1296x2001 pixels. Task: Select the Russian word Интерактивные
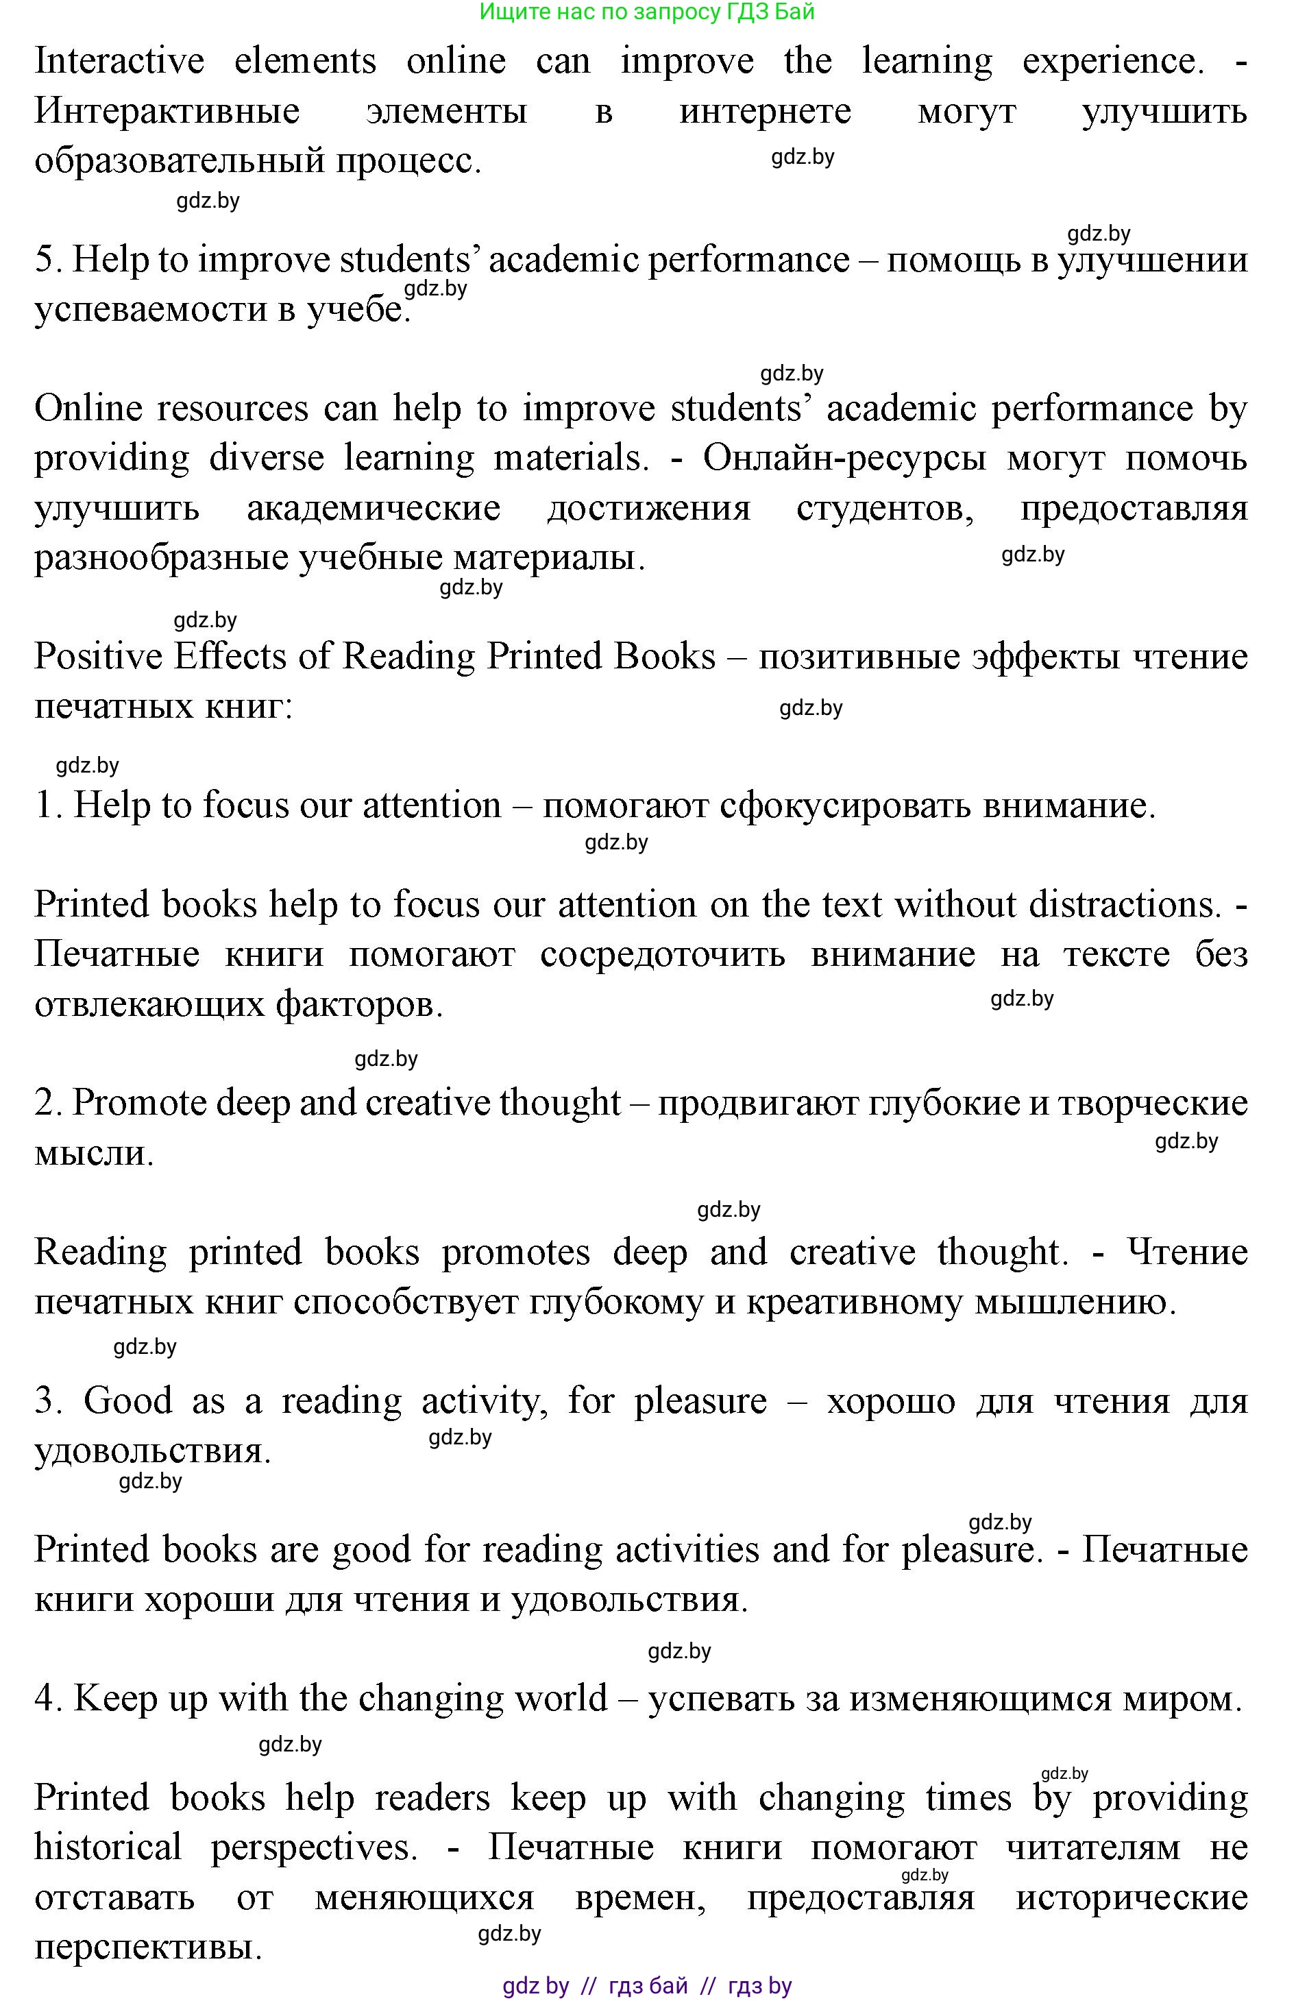click(x=167, y=111)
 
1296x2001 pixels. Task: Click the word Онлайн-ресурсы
click(x=844, y=458)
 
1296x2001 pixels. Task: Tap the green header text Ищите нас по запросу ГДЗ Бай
click(x=647, y=12)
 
